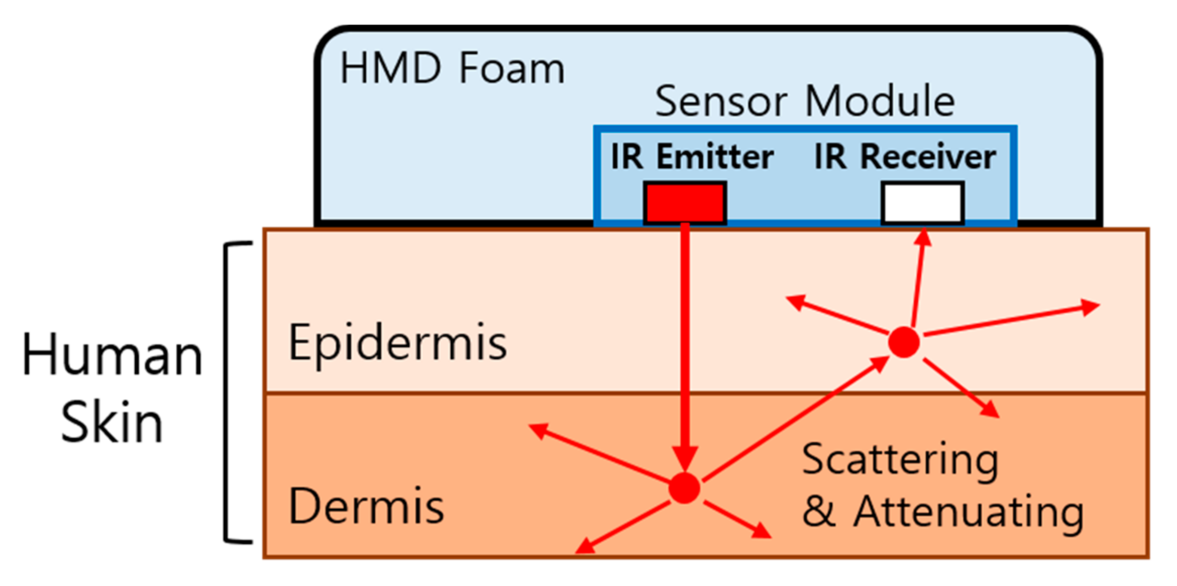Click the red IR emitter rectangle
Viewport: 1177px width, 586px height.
click(x=685, y=203)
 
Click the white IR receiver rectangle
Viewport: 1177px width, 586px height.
click(x=923, y=203)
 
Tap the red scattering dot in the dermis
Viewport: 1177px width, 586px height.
click(x=684, y=488)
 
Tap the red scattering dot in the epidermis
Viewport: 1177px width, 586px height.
click(x=903, y=342)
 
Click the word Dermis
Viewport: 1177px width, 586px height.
click(x=366, y=507)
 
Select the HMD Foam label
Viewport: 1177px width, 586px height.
click(x=452, y=69)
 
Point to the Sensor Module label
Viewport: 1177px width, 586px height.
click(x=805, y=101)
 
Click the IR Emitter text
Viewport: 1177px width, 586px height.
click(x=692, y=157)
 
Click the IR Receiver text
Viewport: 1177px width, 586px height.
click(x=905, y=157)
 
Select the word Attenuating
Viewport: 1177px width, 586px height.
click(x=969, y=513)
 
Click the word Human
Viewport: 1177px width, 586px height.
click(x=112, y=356)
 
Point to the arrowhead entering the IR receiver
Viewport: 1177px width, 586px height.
click(x=923, y=238)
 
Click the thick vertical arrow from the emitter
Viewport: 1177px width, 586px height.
click(x=685, y=344)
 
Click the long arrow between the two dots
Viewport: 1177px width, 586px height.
click(x=795, y=419)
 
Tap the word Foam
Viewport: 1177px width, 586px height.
click(x=512, y=69)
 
